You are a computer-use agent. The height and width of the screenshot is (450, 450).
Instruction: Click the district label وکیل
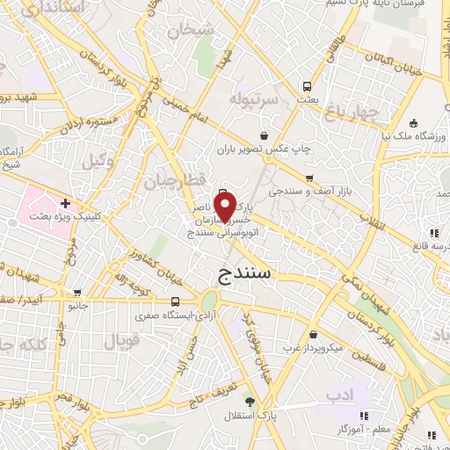point(98,160)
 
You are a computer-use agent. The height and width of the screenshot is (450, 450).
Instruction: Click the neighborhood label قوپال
point(114,339)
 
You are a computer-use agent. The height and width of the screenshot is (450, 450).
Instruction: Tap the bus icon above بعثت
point(307,86)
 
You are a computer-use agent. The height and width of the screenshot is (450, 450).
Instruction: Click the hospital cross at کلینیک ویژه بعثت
point(65,203)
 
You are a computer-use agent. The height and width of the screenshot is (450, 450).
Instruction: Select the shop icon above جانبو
point(78,293)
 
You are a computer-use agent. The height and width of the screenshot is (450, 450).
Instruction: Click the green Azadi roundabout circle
point(211,300)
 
